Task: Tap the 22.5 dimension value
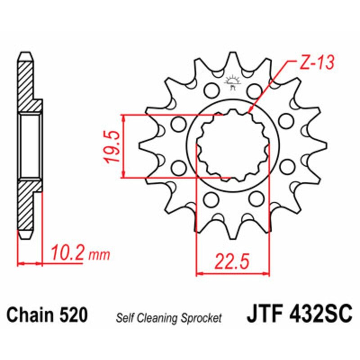coord(233,261)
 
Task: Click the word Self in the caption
coord(125,318)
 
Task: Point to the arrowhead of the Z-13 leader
coord(250,110)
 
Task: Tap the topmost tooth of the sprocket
coord(233,58)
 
